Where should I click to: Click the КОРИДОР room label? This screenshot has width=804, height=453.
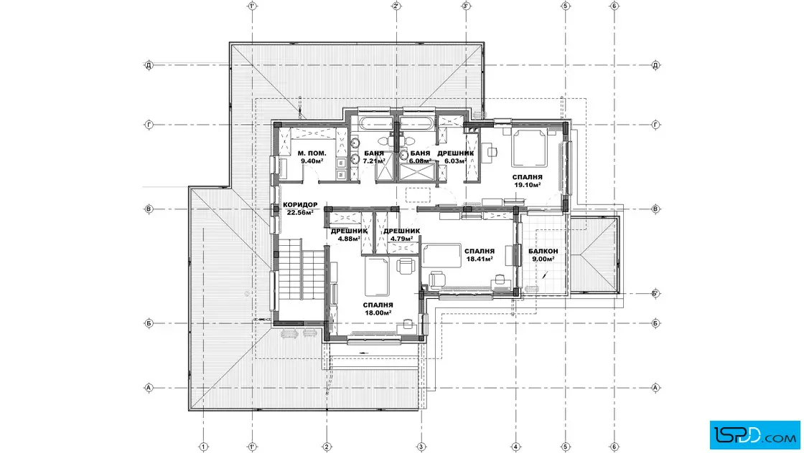pyautogui.click(x=300, y=205)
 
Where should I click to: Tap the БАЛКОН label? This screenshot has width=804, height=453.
pyautogui.click(x=543, y=252)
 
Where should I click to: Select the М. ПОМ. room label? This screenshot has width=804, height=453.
pyautogui.click(x=312, y=153)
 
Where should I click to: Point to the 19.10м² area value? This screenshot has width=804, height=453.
pyautogui.click(x=528, y=185)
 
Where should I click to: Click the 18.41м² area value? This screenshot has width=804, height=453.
pyautogui.click(x=480, y=259)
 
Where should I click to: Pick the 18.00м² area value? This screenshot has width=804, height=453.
pyautogui.click(x=378, y=313)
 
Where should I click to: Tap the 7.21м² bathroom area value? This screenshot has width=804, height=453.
pyautogui.click(x=374, y=161)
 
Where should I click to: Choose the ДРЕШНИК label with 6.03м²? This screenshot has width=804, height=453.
pyautogui.click(x=455, y=153)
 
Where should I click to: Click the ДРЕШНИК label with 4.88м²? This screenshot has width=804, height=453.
pyautogui.click(x=349, y=231)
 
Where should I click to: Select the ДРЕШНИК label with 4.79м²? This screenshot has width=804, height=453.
pyautogui.click(x=401, y=231)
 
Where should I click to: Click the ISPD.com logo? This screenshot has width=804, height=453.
pyautogui.click(x=754, y=434)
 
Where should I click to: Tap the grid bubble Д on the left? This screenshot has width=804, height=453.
pyautogui.click(x=149, y=65)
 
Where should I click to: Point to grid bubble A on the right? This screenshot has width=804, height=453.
pyautogui.click(x=655, y=388)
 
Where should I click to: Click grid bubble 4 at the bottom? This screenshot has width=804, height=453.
pyautogui.click(x=516, y=447)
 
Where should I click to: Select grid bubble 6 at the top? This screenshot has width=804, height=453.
pyautogui.click(x=614, y=6)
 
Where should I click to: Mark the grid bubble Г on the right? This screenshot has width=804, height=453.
pyautogui.click(x=655, y=125)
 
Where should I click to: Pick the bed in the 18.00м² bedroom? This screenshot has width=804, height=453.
pyautogui.click(x=377, y=277)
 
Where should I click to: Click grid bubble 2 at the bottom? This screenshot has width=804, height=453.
pyautogui.click(x=327, y=447)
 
